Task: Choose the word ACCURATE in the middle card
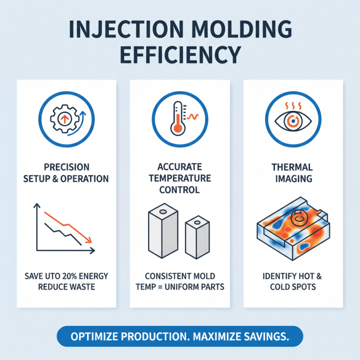180,167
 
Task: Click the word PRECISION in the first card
67,167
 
